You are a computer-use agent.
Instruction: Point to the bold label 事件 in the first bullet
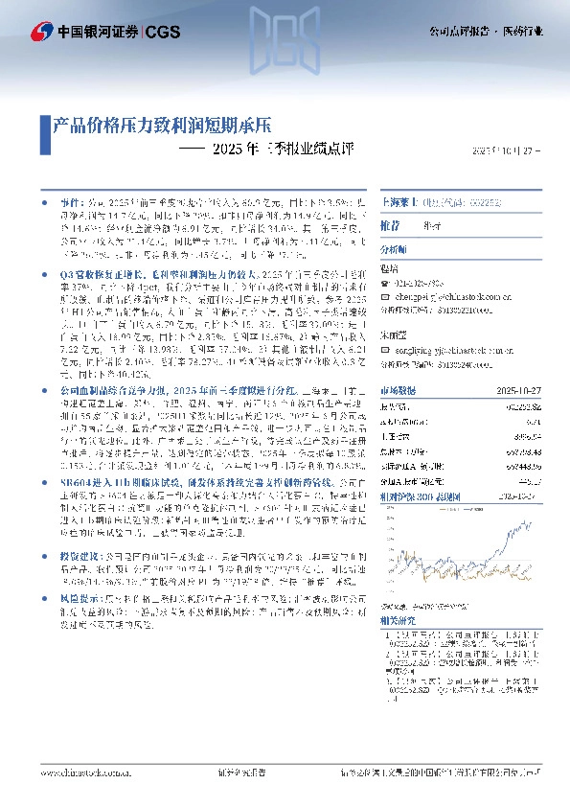(x=69, y=205)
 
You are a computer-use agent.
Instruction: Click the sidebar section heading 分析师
(x=396, y=248)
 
